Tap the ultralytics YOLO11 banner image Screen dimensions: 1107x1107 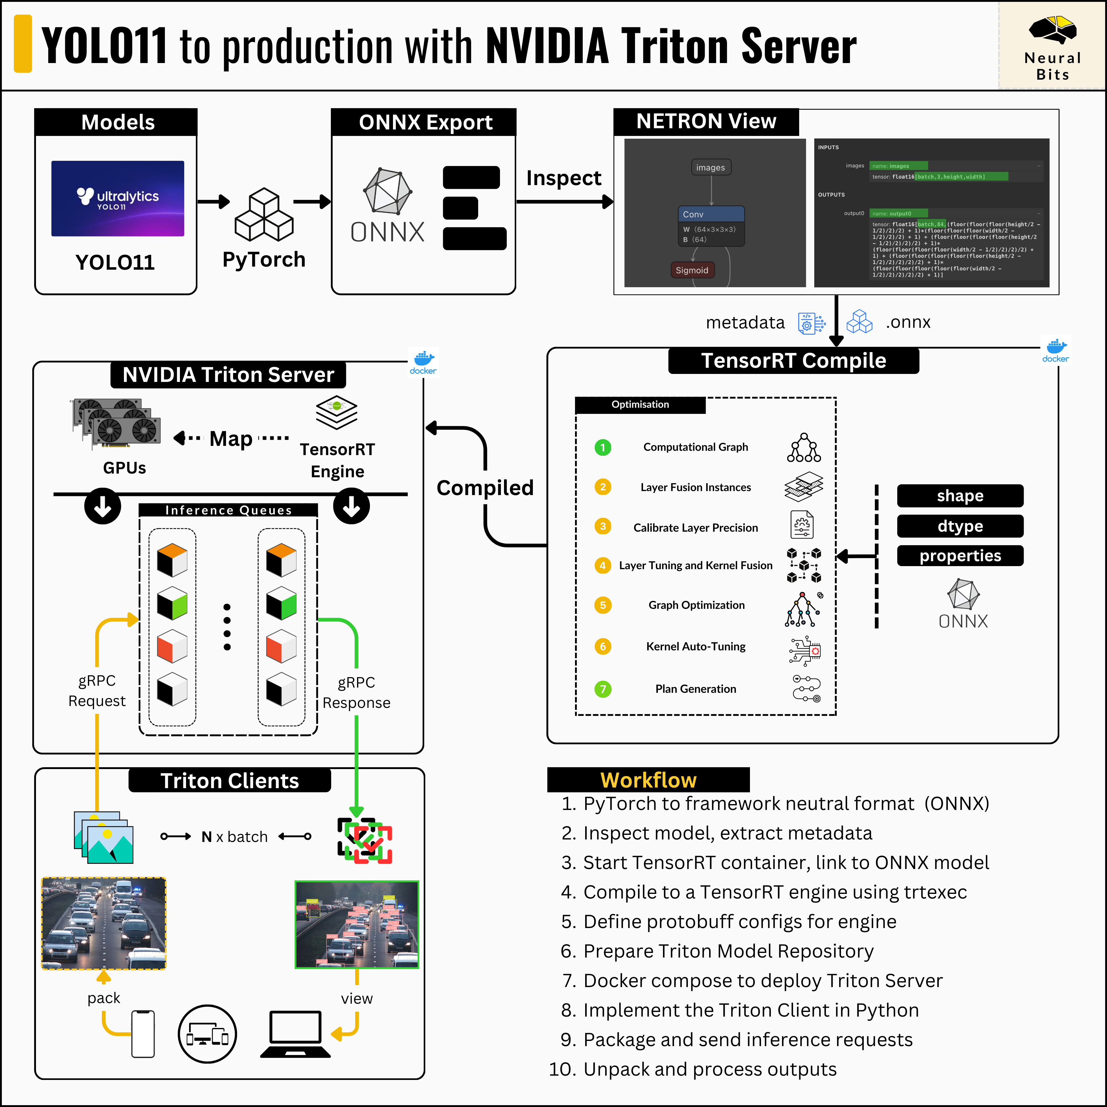click(x=117, y=198)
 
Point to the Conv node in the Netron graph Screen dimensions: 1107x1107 click(x=711, y=214)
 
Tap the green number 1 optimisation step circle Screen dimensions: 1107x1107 click(x=603, y=447)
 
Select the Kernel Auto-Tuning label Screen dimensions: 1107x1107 click(x=696, y=646)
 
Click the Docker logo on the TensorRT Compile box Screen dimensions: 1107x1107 click(x=1055, y=350)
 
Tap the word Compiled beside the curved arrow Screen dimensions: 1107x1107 click(x=485, y=488)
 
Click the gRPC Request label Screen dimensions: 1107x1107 click(x=97, y=690)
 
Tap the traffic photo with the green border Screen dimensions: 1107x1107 click(x=356, y=924)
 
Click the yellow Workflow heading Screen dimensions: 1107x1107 click(x=648, y=780)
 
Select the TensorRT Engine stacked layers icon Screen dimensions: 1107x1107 click(x=336, y=412)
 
